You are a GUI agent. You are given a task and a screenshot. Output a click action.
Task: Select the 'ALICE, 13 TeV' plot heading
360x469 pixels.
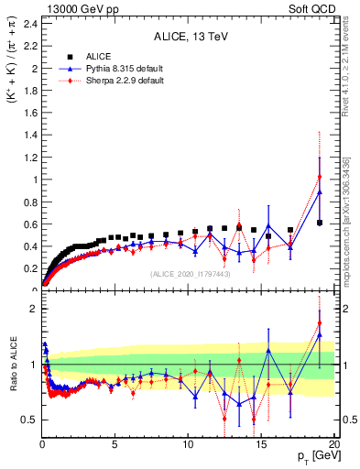pyautogui.click(x=190, y=38)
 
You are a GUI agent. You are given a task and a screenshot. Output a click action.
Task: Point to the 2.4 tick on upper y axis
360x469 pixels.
pyautogui.click(x=29, y=24)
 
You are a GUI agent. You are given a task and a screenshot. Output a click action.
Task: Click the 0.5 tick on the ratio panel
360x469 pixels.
pyautogui.click(x=29, y=420)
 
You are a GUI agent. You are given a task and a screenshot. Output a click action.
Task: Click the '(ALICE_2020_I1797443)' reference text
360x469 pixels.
pyautogui.click(x=190, y=274)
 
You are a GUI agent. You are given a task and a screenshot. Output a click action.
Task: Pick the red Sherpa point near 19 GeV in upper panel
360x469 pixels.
pyautogui.click(x=320, y=177)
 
